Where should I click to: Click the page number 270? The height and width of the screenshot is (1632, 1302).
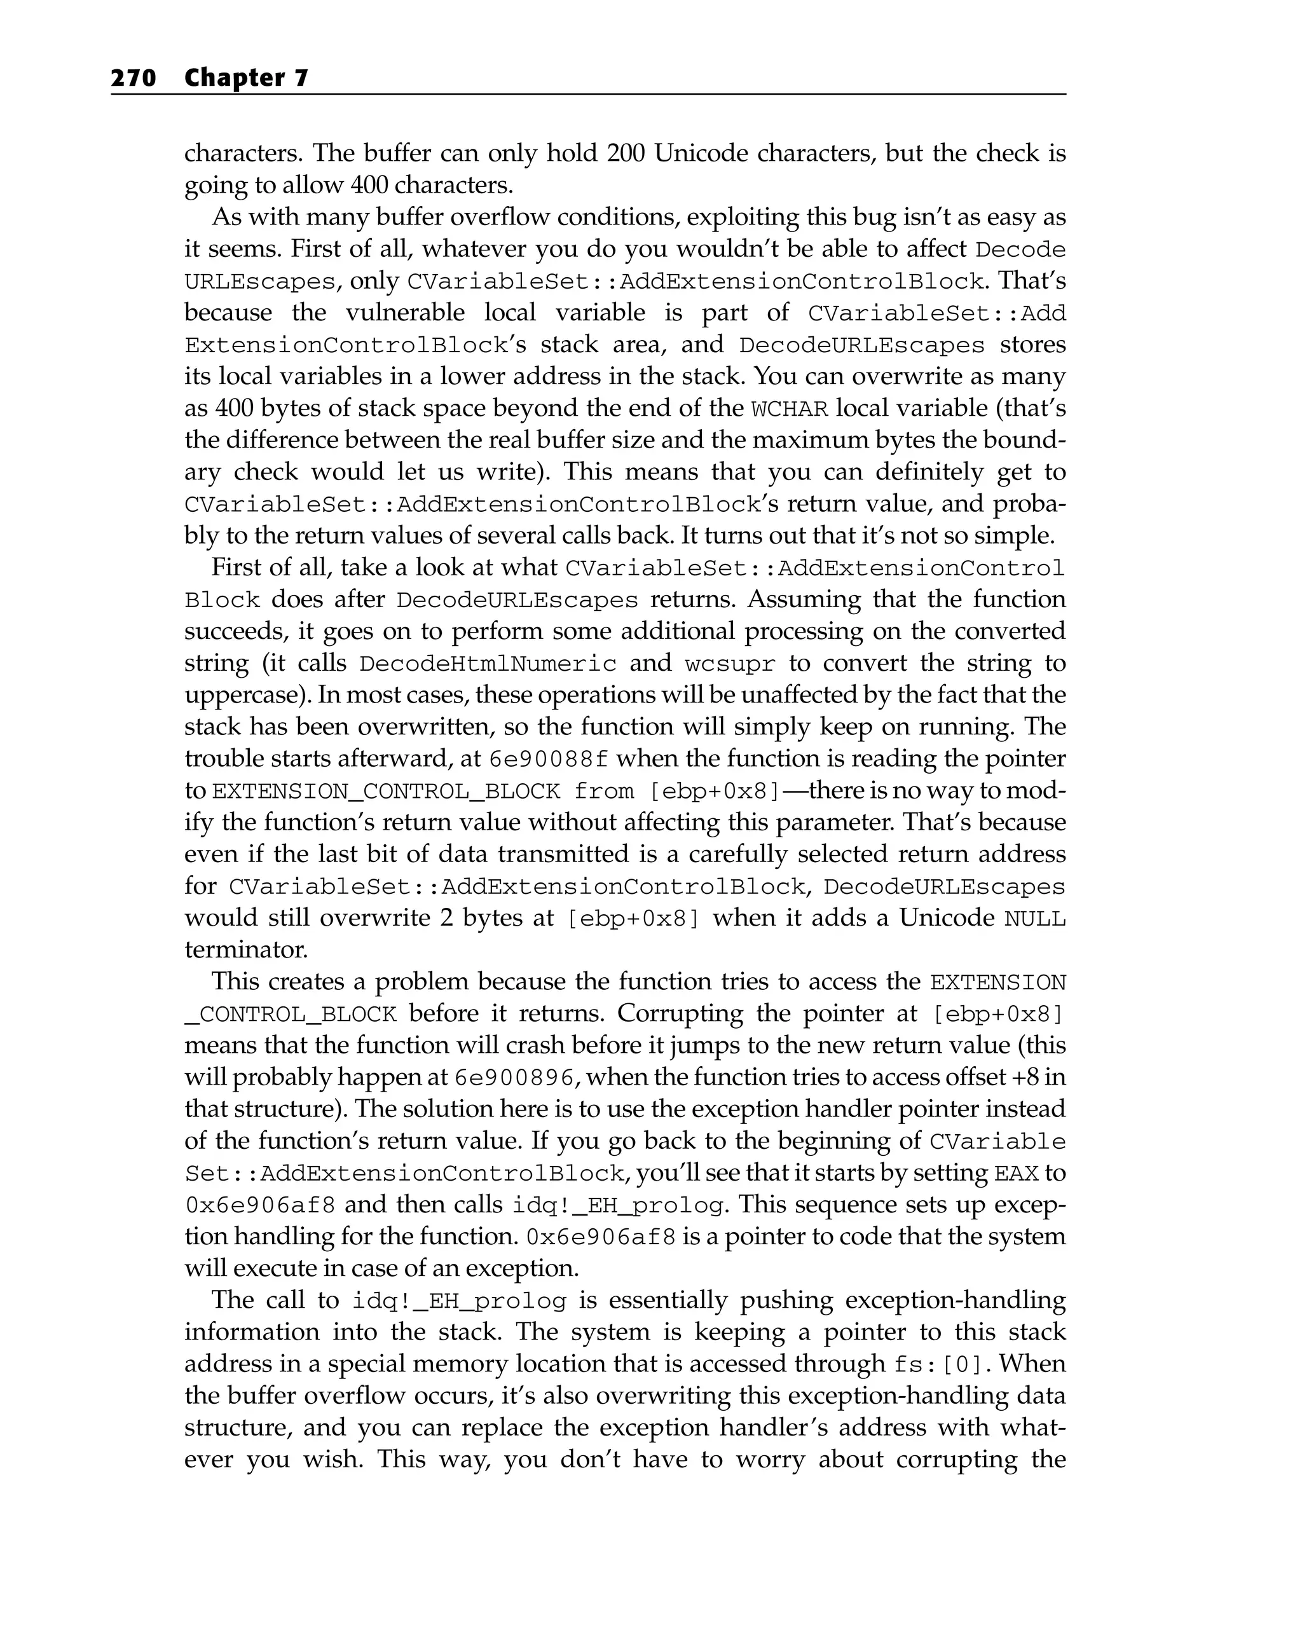tap(134, 78)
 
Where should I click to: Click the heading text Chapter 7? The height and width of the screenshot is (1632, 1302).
tap(246, 78)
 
